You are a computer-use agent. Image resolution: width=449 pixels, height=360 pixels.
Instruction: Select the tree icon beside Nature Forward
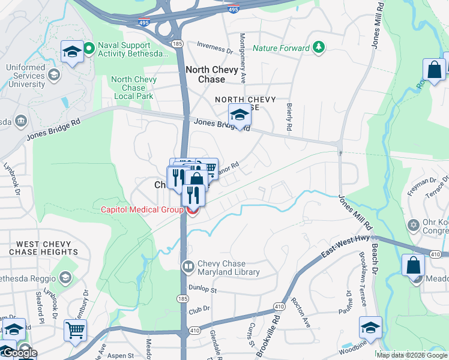click(319, 47)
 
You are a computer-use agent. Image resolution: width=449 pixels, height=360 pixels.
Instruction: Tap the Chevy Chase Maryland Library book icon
click(188, 266)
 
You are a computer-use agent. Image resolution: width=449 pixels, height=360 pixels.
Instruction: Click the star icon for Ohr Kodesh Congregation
click(412, 226)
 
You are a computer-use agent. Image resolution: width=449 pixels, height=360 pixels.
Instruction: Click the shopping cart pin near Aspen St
click(76, 329)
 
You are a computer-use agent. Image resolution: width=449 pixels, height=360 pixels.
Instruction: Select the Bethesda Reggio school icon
click(65, 277)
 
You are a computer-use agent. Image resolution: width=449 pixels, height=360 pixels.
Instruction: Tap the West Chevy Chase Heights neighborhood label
click(47, 248)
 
